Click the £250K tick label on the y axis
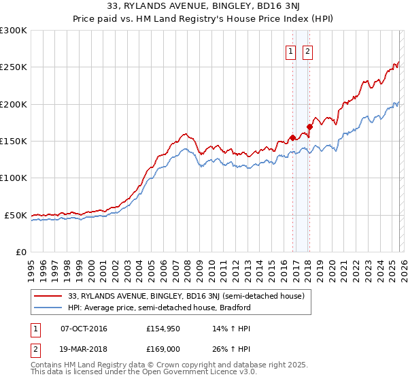[14, 67]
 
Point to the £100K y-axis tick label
[14, 178]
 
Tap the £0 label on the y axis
[21, 252]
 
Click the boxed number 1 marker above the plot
[290, 50]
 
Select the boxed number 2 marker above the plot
[307, 50]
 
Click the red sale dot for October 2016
[292, 137]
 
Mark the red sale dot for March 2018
[309, 126]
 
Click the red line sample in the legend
[49, 296]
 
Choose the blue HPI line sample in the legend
[49, 308]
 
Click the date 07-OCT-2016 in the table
[84, 329]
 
